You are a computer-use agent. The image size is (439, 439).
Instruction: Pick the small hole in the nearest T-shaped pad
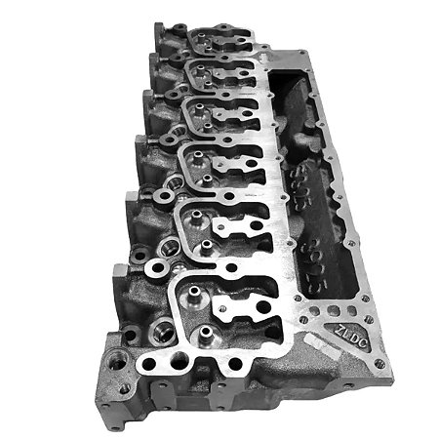coord(226,311)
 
